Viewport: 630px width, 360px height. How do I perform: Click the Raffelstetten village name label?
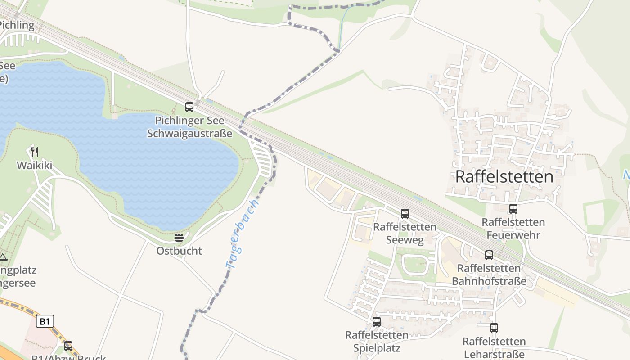[504, 177]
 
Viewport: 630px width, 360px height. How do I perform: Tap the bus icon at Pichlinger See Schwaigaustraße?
[189, 107]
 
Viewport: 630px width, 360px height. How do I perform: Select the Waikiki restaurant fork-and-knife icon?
[35, 152]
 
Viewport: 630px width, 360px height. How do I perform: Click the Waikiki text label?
[35, 166]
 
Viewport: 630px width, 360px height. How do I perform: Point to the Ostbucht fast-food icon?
[179, 237]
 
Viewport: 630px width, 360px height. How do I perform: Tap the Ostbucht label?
[179, 251]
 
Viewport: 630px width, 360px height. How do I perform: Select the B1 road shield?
[45, 321]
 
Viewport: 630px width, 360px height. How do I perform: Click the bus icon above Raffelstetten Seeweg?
[405, 214]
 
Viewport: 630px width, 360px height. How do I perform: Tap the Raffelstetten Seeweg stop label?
[405, 234]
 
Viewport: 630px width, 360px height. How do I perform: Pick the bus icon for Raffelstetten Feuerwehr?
[513, 209]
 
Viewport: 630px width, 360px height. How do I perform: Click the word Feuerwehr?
[513, 235]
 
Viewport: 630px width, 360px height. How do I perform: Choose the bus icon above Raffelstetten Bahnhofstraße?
[489, 255]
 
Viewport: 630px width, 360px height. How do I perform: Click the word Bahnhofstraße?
[489, 282]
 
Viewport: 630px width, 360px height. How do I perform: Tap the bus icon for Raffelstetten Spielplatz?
[377, 322]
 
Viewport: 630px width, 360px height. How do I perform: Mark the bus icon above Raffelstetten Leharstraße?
[494, 328]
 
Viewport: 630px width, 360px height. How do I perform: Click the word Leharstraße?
[494, 354]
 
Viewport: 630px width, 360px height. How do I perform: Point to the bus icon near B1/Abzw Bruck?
[68, 346]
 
